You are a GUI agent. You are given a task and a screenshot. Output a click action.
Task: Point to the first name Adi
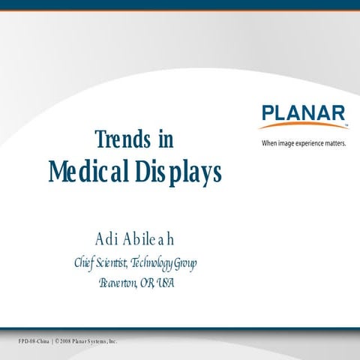pyautogui.click(x=108, y=239)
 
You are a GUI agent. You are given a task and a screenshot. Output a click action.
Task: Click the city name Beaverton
pyautogui.click(x=117, y=283)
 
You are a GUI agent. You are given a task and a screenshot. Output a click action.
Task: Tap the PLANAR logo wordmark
pyautogui.click(x=304, y=113)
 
